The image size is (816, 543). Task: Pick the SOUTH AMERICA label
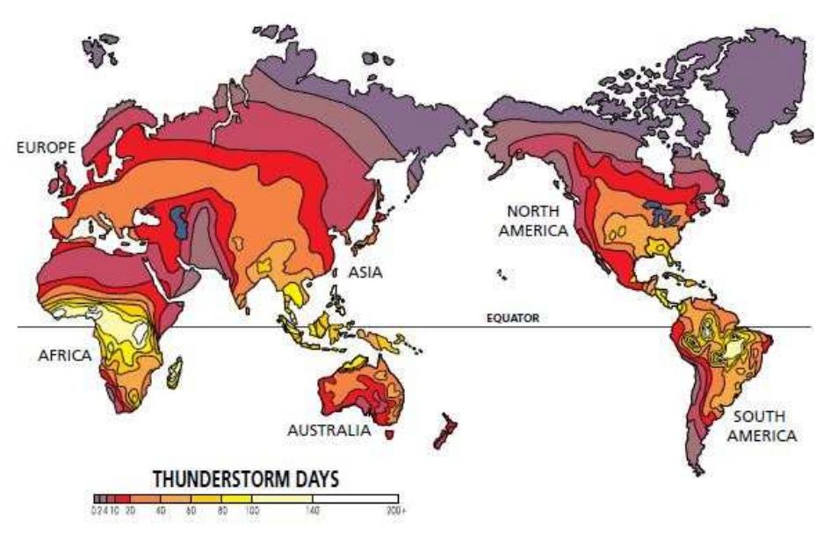click(760, 425)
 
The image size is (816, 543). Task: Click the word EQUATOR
click(514, 320)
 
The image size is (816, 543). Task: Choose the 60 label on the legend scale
click(190, 510)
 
